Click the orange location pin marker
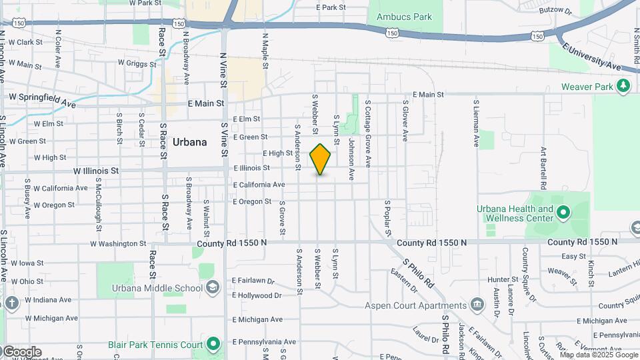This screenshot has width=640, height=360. click(x=320, y=159)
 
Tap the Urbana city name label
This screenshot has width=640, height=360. click(x=189, y=142)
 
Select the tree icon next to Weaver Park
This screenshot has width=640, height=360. click(x=623, y=85)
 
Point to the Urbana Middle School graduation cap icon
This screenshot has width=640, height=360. click(x=212, y=287)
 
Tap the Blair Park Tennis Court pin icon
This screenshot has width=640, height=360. click(x=213, y=345)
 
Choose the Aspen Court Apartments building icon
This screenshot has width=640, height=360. click(x=477, y=305)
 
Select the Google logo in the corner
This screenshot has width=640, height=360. click(x=21, y=352)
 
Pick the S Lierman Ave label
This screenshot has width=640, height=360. click(x=476, y=123)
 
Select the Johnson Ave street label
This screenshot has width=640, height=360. click(x=351, y=159)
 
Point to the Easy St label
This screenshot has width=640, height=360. click(x=573, y=256)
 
